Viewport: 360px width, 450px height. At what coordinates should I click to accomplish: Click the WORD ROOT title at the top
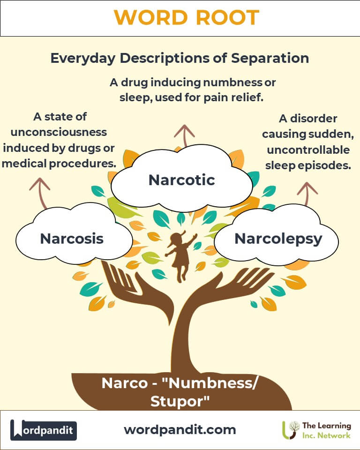[187, 17]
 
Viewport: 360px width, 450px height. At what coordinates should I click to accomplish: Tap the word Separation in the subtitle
[270, 58]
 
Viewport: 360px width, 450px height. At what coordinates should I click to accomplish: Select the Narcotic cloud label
[182, 180]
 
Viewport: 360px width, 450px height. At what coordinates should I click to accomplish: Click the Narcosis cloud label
[72, 239]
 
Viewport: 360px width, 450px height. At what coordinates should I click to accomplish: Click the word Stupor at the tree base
[180, 401]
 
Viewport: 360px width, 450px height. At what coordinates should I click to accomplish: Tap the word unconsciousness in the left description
[59, 132]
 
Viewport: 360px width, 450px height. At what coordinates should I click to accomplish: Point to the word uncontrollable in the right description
[308, 150]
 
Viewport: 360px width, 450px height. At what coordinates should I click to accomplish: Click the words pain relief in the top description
[233, 97]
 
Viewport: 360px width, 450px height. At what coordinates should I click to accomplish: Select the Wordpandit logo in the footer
[44, 430]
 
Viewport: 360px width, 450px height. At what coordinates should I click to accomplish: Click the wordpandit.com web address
[180, 430]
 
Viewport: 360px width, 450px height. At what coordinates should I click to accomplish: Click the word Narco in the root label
[125, 383]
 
